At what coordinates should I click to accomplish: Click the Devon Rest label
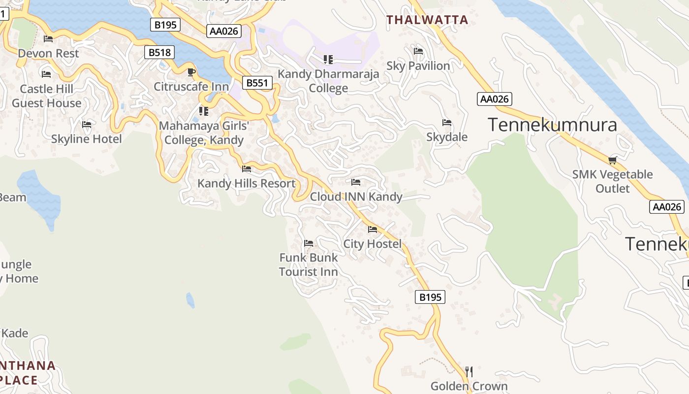48,53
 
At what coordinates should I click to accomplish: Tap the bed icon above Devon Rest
48,39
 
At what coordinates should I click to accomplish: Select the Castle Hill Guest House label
47,96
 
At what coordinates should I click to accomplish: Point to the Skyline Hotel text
87,139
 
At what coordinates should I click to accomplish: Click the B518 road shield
159,52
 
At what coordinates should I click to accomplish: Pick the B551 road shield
257,83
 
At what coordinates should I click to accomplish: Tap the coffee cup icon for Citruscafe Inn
191,72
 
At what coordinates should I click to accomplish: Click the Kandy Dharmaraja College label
328,81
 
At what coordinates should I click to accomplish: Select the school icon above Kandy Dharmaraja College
328,60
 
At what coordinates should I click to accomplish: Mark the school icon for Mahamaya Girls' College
203,111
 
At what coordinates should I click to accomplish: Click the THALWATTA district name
427,20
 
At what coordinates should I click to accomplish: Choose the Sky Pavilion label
418,66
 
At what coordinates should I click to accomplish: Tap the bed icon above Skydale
447,123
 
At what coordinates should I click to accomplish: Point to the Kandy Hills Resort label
247,184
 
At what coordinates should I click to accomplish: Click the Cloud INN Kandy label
356,197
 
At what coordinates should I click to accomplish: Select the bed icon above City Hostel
373,230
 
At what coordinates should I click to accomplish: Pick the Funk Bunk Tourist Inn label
309,264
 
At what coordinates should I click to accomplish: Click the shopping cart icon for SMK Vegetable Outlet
612,160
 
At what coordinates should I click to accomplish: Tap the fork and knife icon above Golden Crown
469,371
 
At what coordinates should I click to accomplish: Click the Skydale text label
447,137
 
